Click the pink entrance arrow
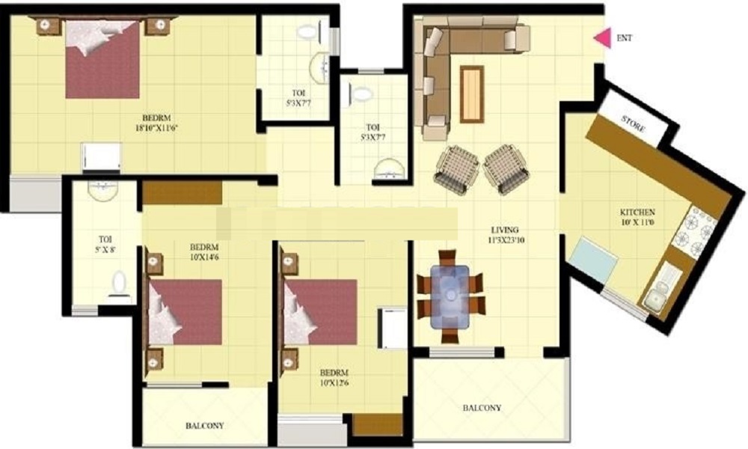[x=603, y=37]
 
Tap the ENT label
[x=624, y=37]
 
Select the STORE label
[x=634, y=123]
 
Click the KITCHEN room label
[x=637, y=212]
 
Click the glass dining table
[x=450, y=296]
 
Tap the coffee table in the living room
[x=472, y=94]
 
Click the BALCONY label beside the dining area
[x=482, y=408]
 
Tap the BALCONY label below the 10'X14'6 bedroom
[x=205, y=425]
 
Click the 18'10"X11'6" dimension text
[x=156, y=127]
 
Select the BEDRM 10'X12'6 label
[x=334, y=377]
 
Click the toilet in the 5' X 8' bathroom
[x=118, y=284]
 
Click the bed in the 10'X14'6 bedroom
[x=185, y=312]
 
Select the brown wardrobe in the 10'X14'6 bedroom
[x=183, y=193]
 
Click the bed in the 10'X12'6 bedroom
[x=320, y=312]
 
